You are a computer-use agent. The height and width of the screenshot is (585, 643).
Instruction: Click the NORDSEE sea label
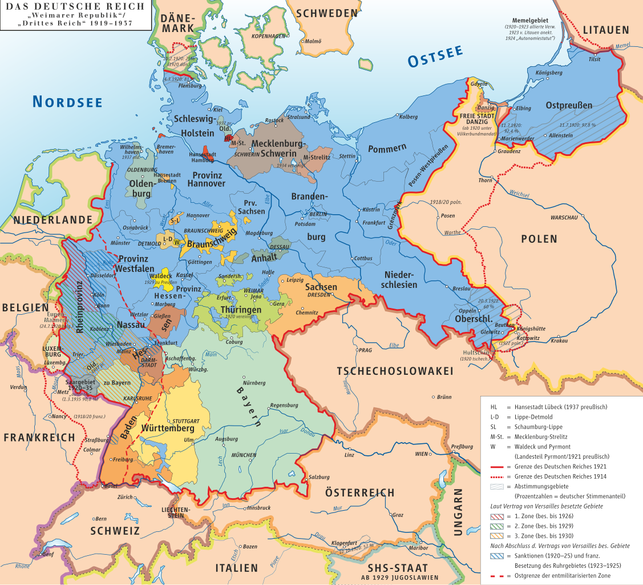click(67, 102)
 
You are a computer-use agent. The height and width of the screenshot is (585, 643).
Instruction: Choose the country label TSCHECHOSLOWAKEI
click(395, 371)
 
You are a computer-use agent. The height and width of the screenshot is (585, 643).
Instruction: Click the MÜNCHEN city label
click(244, 455)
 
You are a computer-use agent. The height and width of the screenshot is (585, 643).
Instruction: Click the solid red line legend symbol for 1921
click(499, 467)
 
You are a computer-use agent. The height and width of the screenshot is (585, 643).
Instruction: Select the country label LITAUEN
click(605, 30)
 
